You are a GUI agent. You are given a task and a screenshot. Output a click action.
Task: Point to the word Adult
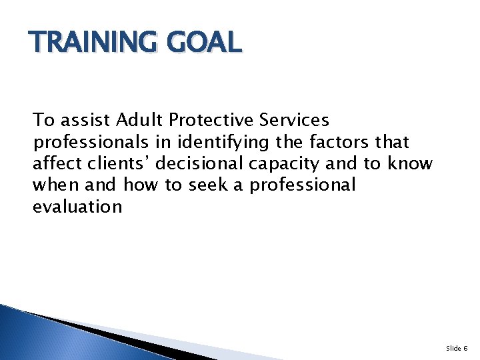pyautogui.click(x=139, y=120)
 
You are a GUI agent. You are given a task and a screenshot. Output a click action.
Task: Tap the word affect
pyautogui.click(x=55, y=163)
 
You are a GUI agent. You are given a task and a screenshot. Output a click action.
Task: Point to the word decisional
pyautogui.click(x=197, y=163)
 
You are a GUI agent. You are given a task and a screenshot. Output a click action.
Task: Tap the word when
pyautogui.click(x=54, y=185)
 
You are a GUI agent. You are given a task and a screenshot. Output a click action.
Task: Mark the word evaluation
pyautogui.click(x=77, y=207)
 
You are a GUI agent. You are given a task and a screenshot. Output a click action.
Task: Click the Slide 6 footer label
pyautogui.click(x=457, y=348)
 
